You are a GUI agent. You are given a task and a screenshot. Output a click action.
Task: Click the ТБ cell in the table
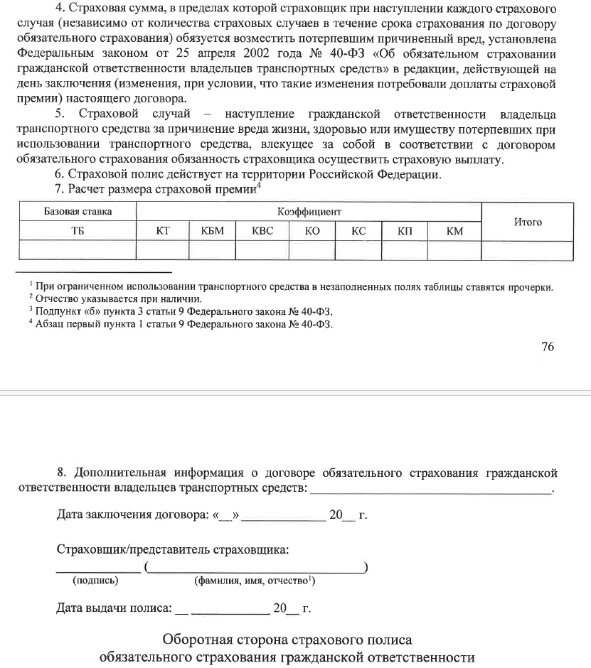pos(78,231)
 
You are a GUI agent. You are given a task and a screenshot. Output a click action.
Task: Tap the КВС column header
pos(262,231)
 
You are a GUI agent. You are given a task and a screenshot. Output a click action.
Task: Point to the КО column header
pos(312,231)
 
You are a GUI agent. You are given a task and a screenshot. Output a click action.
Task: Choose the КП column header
pos(405,231)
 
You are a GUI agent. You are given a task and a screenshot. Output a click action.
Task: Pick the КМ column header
pos(454,231)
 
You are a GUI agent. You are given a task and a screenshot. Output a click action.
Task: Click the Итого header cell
pos(528,222)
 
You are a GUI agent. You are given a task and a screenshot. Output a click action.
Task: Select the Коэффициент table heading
pos(309,212)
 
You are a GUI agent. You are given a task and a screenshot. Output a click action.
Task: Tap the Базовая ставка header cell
pos(78,212)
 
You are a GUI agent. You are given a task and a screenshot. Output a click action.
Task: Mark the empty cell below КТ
pos(163,249)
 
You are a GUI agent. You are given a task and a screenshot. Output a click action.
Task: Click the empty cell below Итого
pos(528,249)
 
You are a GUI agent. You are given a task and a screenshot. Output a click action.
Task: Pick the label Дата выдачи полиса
pos(114,608)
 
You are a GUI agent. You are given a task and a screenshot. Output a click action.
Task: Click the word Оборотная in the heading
pos(196,639)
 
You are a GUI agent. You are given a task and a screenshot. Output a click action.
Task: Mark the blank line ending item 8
pos(431,489)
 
